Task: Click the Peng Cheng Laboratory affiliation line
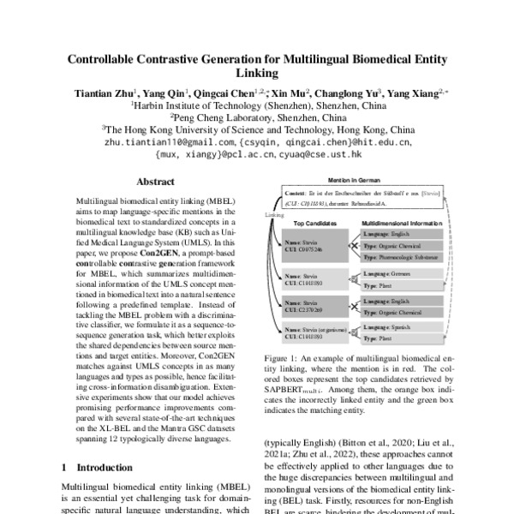[256, 118]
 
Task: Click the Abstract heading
[155, 182]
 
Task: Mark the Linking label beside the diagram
[273, 215]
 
